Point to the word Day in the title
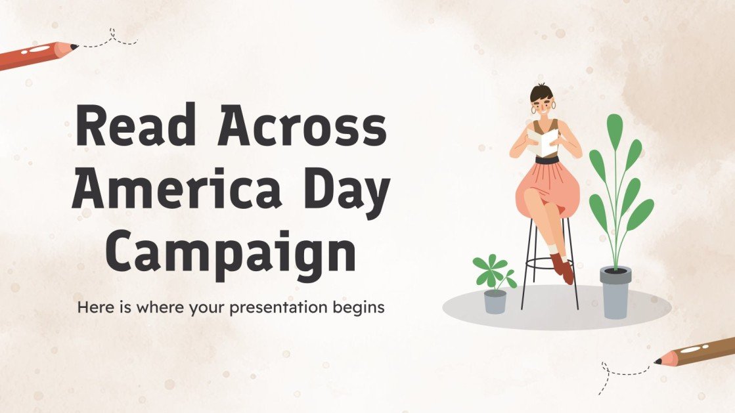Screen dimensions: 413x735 point(353,188)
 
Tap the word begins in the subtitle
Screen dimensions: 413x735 point(360,307)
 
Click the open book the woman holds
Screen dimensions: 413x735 point(543,142)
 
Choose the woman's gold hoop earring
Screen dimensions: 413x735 point(553,105)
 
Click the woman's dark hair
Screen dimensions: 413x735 point(541,92)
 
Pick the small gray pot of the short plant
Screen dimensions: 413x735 point(495,301)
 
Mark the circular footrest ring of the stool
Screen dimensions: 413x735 point(548,263)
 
